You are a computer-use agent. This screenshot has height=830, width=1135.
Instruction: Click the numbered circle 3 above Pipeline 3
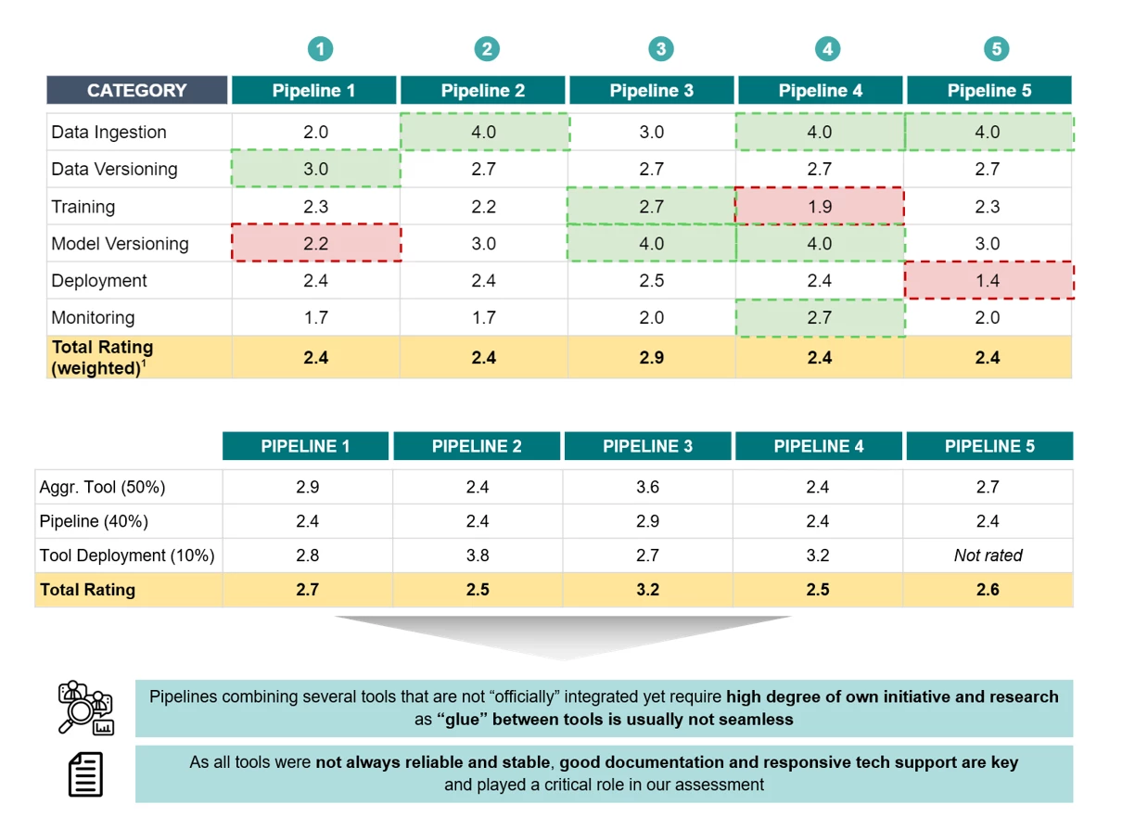click(659, 49)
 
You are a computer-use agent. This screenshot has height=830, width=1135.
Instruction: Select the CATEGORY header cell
click(136, 90)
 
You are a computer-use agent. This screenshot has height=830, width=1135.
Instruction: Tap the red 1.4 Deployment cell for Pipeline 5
click(988, 280)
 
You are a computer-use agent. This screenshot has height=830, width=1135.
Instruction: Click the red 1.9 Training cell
click(819, 206)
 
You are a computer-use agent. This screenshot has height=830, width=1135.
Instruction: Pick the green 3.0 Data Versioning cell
click(315, 169)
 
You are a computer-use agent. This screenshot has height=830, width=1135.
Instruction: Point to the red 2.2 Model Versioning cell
click(315, 243)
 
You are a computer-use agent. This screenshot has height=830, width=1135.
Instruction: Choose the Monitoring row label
click(93, 317)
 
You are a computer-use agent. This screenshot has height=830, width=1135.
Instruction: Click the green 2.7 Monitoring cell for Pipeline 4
click(819, 317)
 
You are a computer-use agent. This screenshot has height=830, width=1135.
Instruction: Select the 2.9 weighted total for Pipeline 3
click(651, 357)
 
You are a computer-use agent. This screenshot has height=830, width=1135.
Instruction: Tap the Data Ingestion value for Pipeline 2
click(483, 132)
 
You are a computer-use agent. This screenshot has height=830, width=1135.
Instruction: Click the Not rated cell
click(988, 555)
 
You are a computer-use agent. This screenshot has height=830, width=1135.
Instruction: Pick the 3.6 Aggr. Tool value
click(647, 487)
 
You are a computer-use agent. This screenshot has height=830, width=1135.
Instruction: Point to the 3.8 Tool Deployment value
click(477, 555)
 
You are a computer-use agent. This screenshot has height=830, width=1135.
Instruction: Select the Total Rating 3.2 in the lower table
click(647, 590)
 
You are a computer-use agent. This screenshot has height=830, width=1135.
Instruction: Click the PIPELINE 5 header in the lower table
click(988, 446)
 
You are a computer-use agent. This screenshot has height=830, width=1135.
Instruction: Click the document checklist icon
click(85, 774)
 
